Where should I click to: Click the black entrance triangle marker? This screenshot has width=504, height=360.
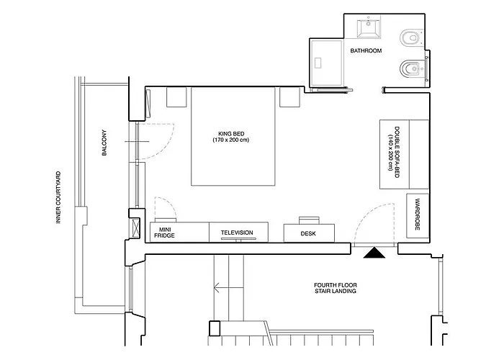(x=374, y=253)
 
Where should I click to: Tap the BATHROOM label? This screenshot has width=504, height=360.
(x=366, y=51)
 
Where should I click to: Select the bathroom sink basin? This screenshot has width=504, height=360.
(x=369, y=27)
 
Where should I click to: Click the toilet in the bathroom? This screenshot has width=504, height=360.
(x=410, y=38)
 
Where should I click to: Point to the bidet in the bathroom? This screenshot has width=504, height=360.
(x=410, y=69)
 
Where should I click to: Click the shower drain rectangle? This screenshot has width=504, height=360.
(x=318, y=63)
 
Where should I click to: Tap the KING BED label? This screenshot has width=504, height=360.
(x=231, y=134)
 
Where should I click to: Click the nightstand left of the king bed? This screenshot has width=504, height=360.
(x=176, y=97)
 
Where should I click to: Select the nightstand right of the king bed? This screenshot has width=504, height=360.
(x=289, y=97)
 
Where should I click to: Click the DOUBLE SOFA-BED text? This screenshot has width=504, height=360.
(x=397, y=152)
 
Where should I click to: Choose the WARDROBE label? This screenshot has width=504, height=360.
(x=418, y=215)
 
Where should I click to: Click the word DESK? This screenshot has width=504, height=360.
(x=308, y=234)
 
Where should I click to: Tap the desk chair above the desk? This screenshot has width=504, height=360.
(x=309, y=220)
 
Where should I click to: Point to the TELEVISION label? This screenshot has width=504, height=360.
(x=237, y=233)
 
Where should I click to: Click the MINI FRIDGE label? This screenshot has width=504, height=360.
(x=165, y=233)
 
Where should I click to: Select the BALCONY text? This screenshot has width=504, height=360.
(x=104, y=143)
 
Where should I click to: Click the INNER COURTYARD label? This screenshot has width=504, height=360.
(x=58, y=197)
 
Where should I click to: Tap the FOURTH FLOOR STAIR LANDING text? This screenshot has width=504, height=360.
(x=336, y=288)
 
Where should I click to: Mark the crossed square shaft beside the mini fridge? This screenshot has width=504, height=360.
(x=136, y=228)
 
